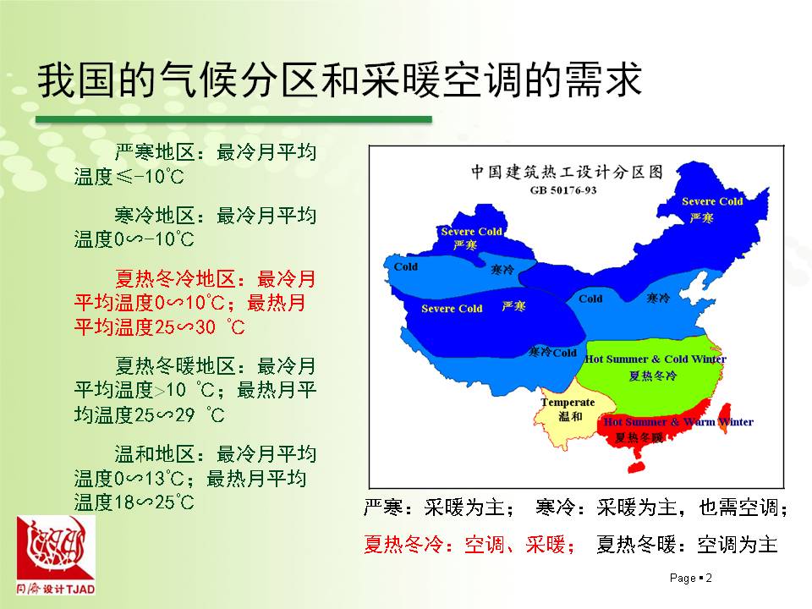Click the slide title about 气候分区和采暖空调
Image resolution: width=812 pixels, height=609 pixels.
coord(339,80)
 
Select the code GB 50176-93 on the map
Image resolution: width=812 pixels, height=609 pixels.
coord(563,190)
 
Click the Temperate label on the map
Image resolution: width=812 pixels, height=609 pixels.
coord(568,403)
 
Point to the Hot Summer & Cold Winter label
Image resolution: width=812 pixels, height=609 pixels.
coord(656,359)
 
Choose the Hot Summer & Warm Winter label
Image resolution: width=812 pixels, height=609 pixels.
coord(678,422)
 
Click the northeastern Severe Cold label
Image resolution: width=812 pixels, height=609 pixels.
coord(712,201)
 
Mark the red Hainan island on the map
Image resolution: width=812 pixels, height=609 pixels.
coord(637,465)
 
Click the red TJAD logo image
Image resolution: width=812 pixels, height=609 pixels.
coord(56,555)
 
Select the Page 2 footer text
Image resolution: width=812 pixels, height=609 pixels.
coord(691,578)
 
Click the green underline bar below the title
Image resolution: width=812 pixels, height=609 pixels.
coord(233,119)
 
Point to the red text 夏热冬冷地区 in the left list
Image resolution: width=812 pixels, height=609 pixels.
coord(175,279)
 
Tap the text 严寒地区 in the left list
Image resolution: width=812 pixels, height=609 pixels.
coord(154,152)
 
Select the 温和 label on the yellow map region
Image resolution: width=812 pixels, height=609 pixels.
coord(570,416)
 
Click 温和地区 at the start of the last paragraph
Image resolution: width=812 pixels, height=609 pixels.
coord(154,454)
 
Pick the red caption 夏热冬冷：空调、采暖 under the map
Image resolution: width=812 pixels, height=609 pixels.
coord(469,545)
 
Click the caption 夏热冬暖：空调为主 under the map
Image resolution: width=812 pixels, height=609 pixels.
coord(687,545)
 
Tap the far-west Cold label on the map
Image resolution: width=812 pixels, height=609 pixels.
coord(405,266)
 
